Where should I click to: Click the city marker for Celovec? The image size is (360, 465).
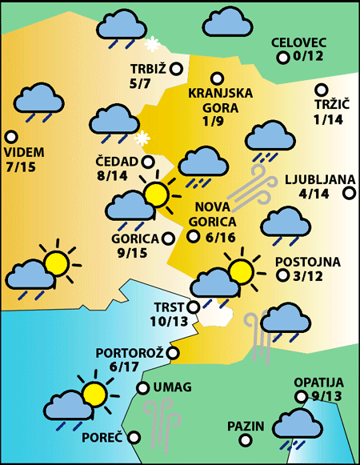(x=282, y=58)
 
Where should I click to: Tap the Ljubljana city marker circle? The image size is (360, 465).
(x=349, y=193)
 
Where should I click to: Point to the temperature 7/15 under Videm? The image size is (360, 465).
(x=21, y=167)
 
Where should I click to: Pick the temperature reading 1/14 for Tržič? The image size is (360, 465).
(x=328, y=120)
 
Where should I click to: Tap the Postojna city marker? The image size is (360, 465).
(x=282, y=275)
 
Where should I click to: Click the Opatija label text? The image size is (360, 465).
(x=318, y=383)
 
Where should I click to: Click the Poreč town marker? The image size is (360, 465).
(x=134, y=438)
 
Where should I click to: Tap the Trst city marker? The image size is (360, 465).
(x=192, y=307)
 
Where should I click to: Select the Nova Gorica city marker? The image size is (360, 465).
(x=193, y=236)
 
